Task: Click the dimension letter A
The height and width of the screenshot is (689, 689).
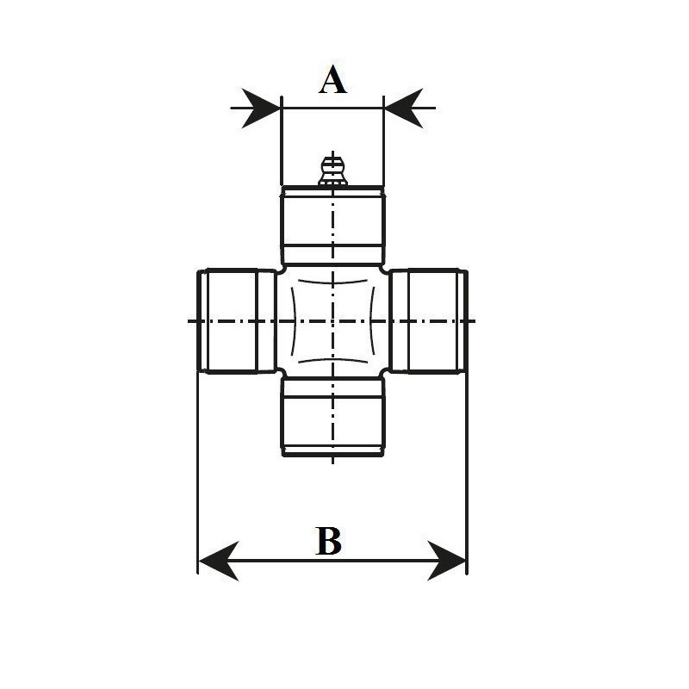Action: (332, 79)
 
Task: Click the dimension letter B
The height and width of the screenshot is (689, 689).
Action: (329, 541)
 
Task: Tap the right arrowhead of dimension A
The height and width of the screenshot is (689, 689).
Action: (403, 109)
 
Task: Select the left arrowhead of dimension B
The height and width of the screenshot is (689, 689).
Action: (219, 561)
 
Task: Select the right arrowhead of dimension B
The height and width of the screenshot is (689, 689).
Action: (446, 561)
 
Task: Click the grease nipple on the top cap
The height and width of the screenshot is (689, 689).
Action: (333, 170)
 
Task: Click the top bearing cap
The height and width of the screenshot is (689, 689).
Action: (333, 225)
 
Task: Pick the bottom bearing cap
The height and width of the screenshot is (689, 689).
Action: (333, 417)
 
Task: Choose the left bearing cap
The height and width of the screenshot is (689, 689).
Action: (237, 321)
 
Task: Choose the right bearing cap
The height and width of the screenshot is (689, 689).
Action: (429, 321)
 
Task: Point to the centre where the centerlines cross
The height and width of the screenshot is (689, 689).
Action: (333, 321)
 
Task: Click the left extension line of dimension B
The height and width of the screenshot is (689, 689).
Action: (198, 473)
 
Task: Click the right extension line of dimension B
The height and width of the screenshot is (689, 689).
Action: (467, 473)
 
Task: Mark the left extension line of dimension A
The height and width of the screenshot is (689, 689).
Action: (282, 140)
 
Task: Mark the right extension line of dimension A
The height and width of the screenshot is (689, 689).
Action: (384, 140)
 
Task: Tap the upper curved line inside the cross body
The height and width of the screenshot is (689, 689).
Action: (332, 282)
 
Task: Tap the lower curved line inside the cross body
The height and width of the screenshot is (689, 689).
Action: (332, 360)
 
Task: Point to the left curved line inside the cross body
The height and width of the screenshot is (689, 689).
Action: (294, 321)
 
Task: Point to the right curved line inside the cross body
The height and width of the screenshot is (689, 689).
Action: (372, 321)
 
